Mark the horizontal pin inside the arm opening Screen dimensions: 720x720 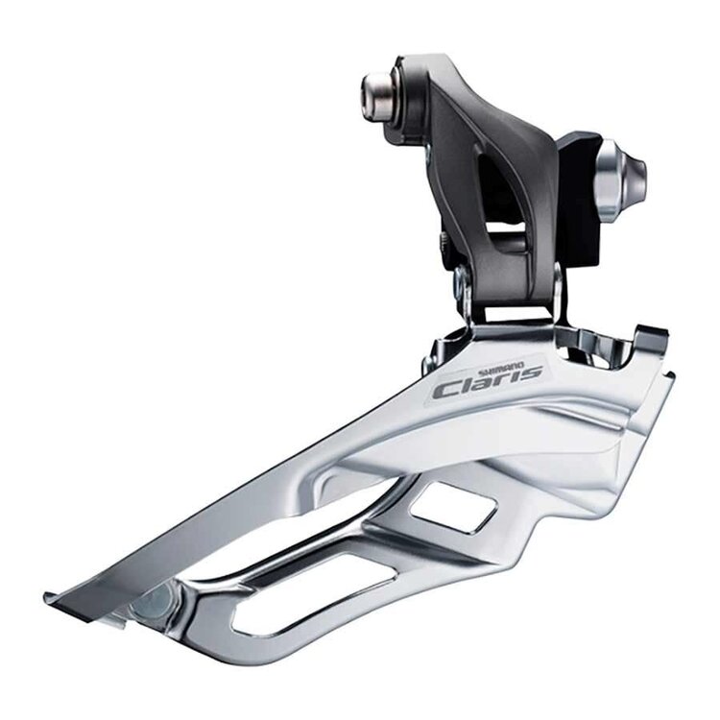pyautogui.click(x=510, y=236)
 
